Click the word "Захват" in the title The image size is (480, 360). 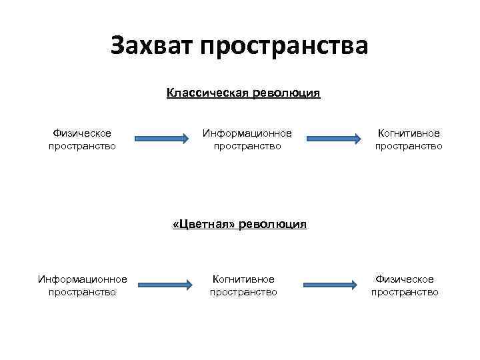150,46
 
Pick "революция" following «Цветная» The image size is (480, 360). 275,224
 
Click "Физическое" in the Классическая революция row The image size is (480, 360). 82,133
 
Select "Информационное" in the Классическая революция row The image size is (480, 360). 247,133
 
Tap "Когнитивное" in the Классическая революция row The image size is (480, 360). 409,133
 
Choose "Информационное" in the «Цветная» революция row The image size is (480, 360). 83,279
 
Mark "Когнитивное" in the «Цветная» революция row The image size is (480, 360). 243,279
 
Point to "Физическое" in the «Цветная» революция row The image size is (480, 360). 405,279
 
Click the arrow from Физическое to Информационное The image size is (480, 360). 163,139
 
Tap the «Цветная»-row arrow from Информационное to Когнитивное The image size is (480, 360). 165,286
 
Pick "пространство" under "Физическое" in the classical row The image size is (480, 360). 82,145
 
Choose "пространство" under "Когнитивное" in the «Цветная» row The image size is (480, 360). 243,291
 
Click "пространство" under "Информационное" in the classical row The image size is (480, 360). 247,145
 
